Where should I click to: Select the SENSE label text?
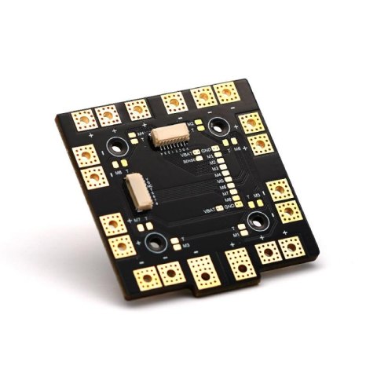pyautogui.click(x=188, y=162)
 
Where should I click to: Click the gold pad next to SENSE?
pyautogui.click(x=199, y=159)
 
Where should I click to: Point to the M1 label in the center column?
pyautogui.click(x=210, y=156)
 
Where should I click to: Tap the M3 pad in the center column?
pyautogui.click(x=223, y=167)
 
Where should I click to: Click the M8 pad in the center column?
pyautogui.click(x=236, y=198)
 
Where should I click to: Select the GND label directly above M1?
pyautogui.click(x=206, y=150)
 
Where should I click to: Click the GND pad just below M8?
pyautogui.click(x=239, y=204)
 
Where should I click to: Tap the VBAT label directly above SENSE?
pyautogui.click(x=185, y=155)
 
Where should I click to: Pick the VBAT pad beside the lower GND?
pyautogui.click(x=219, y=208)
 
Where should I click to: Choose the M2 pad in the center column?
pyautogui.click(x=221, y=160)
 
